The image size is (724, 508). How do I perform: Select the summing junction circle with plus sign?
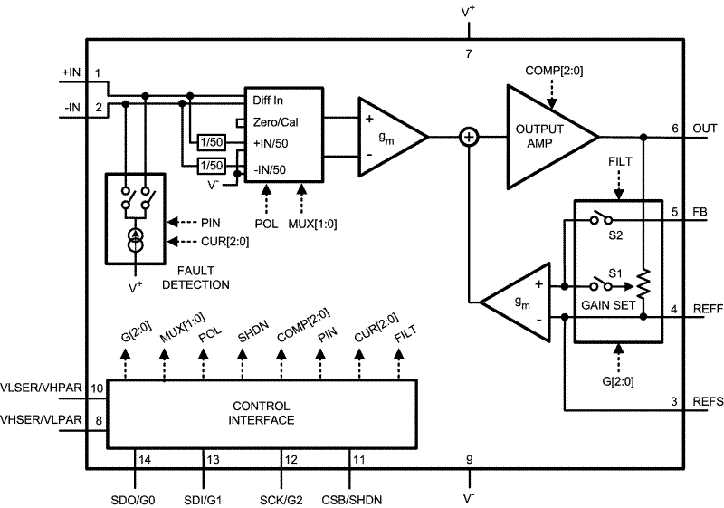(x=469, y=137)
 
